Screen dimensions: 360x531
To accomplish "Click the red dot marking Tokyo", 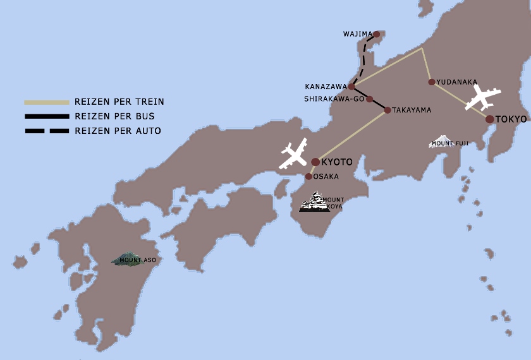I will click(x=490, y=119).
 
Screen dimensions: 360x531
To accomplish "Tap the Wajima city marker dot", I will click(x=377, y=35).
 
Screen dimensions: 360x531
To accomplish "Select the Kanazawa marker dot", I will click(x=352, y=87).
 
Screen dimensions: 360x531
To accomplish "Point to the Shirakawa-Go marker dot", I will click(x=370, y=99).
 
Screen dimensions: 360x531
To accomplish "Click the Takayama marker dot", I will click(x=388, y=110).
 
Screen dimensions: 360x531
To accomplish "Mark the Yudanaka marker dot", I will click(x=432, y=82).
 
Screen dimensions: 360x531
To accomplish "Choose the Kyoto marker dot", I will click(x=315, y=162).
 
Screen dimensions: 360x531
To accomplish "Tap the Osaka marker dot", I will click(x=308, y=177).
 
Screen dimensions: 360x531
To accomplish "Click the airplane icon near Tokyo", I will click(x=482, y=98).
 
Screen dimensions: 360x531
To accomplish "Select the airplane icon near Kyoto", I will click(x=293, y=155).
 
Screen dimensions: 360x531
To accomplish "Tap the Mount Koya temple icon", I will click(x=315, y=203).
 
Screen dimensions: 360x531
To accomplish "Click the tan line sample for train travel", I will click(x=46, y=102).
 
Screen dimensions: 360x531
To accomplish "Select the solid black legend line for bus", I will click(x=46, y=116).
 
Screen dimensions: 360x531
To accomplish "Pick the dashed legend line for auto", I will click(x=46, y=131).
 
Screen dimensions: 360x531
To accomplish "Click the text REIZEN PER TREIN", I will click(x=119, y=102).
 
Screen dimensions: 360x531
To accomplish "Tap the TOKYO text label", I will click(x=511, y=119).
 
